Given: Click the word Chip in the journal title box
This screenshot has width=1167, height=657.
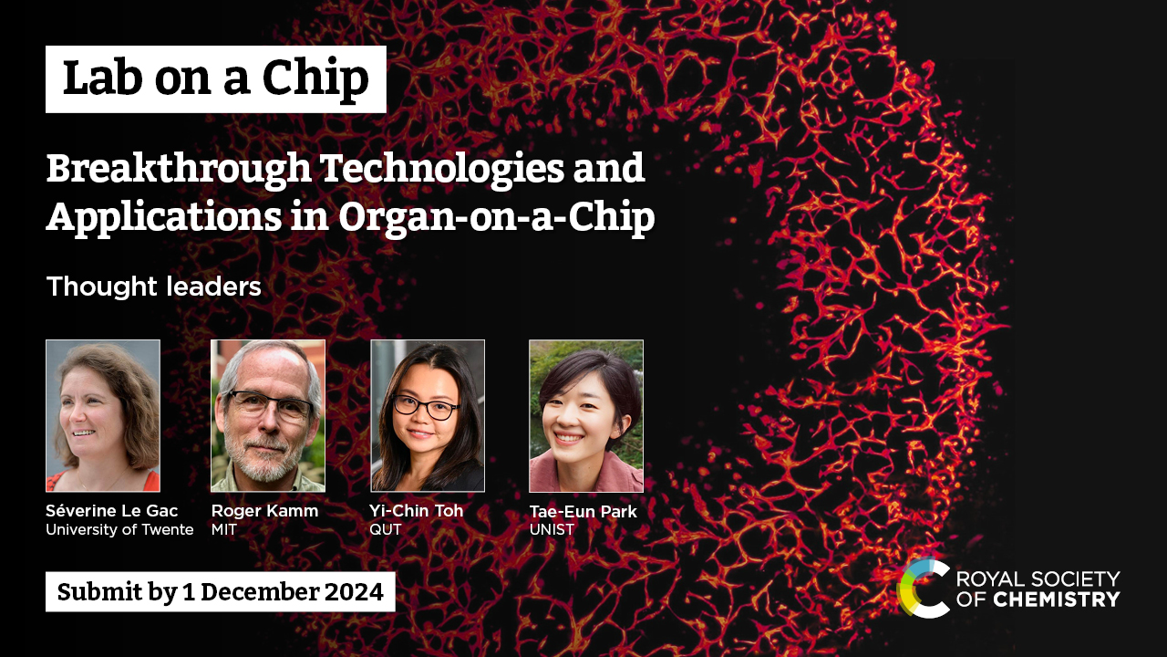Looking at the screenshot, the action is pyautogui.click(x=315, y=79).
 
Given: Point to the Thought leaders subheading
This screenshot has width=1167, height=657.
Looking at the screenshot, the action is pyautogui.click(x=154, y=287).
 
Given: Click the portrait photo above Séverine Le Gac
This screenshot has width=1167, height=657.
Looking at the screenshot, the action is pyautogui.click(x=103, y=415).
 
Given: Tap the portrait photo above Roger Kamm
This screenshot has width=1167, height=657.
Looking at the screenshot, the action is pyautogui.click(x=268, y=415).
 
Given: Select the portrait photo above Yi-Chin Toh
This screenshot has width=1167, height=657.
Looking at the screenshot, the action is pyautogui.click(x=428, y=415).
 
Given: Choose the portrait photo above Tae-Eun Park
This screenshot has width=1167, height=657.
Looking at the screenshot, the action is pyautogui.click(x=586, y=415).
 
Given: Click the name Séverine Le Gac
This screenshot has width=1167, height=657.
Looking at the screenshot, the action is pyautogui.click(x=112, y=510).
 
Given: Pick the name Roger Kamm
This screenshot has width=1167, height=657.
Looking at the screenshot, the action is pyautogui.click(x=264, y=511).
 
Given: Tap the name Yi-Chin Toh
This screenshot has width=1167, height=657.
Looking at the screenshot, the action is pyautogui.click(x=417, y=510).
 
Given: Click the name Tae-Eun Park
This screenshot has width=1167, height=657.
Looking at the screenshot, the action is pyautogui.click(x=583, y=512).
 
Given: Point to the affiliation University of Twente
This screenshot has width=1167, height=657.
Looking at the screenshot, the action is pyautogui.click(x=119, y=530).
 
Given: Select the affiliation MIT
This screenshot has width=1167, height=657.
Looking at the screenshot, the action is pyautogui.click(x=224, y=530).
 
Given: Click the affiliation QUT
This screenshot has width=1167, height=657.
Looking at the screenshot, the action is pyautogui.click(x=386, y=530).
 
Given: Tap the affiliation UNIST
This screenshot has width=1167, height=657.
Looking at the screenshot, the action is pyautogui.click(x=552, y=530).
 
